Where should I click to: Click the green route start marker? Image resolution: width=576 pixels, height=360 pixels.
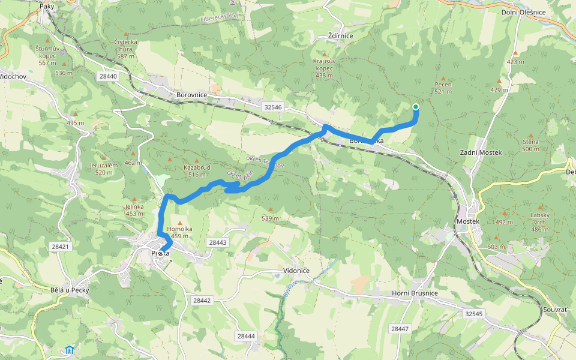click(x=415, y=107)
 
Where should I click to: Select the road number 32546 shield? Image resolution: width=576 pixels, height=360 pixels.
click(x=272, y=107)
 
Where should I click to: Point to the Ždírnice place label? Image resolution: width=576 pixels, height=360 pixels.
click(x=340, y=36)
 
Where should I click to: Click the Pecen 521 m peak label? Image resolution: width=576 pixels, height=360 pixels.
click(x=443, y=88)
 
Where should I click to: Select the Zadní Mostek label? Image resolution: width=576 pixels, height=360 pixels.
click(x=480, y=153)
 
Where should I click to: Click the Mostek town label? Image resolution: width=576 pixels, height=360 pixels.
click(x=468, y=221)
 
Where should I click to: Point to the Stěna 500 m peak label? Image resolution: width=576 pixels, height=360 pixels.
click(x=530, y=145)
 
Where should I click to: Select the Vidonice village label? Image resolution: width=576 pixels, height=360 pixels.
click(x=296, y=271)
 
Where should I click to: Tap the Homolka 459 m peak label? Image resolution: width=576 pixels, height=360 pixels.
click(x=179, y=232)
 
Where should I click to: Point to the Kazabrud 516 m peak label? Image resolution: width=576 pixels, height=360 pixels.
click(x=197, y=170)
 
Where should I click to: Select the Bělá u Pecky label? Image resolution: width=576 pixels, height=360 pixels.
click(x=70, y=290)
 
